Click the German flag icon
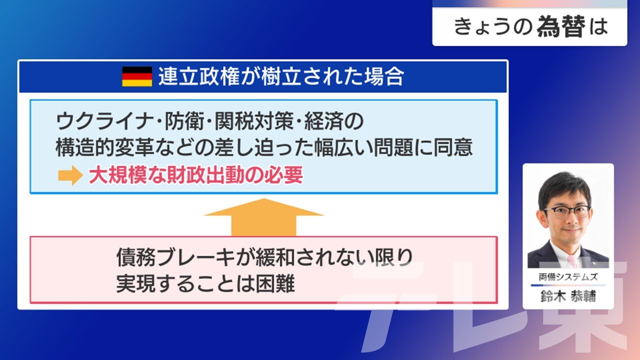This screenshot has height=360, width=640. click(137, 76)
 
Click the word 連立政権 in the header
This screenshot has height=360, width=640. click(199, 76)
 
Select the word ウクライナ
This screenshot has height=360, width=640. click(103, 121)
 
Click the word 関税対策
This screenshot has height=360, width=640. click(254, 121)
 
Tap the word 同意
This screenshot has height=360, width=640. click(453, 147)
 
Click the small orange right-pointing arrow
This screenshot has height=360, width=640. click(70, 175)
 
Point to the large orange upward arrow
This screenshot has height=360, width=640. click(263, 217)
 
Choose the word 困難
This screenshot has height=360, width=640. click(275, 283)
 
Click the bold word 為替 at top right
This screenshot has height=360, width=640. click(561, 26)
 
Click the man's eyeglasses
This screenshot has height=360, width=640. click(567, 212)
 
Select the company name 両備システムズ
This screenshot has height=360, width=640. click(568, 277)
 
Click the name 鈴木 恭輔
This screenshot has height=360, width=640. click(568, 296)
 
